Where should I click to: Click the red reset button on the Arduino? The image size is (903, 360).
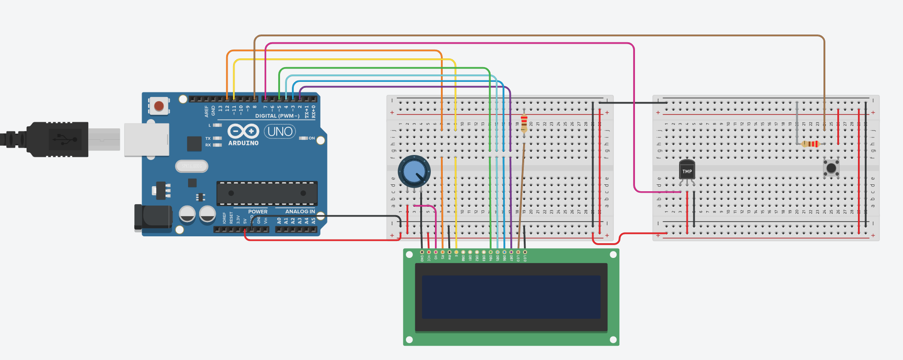pos(159,106)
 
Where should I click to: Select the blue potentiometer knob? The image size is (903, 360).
pos(414,171)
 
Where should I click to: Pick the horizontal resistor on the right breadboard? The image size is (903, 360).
pos(811,144)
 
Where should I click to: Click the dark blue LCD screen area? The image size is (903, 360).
pos(511,297)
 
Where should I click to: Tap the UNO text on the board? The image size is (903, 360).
pos(280,131)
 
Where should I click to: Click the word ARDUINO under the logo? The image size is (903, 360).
pos(243,143)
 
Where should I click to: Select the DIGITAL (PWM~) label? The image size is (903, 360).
pos(277,116)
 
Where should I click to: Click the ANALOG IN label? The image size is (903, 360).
pos(300,211)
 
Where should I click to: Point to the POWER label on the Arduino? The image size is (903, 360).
pos(257,211)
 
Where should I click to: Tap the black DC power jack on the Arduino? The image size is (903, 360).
pos(152,217)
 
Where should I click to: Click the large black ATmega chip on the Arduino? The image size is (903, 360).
pos(267,193)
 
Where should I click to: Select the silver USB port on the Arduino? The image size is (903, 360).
pos(146,139)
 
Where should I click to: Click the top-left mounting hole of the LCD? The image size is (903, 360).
pos(409,255)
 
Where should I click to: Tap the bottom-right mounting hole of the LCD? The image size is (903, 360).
pos(613,340)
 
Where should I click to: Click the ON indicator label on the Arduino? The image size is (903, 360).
pos(312,138)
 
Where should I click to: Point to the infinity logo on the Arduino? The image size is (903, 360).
pos(243,131)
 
